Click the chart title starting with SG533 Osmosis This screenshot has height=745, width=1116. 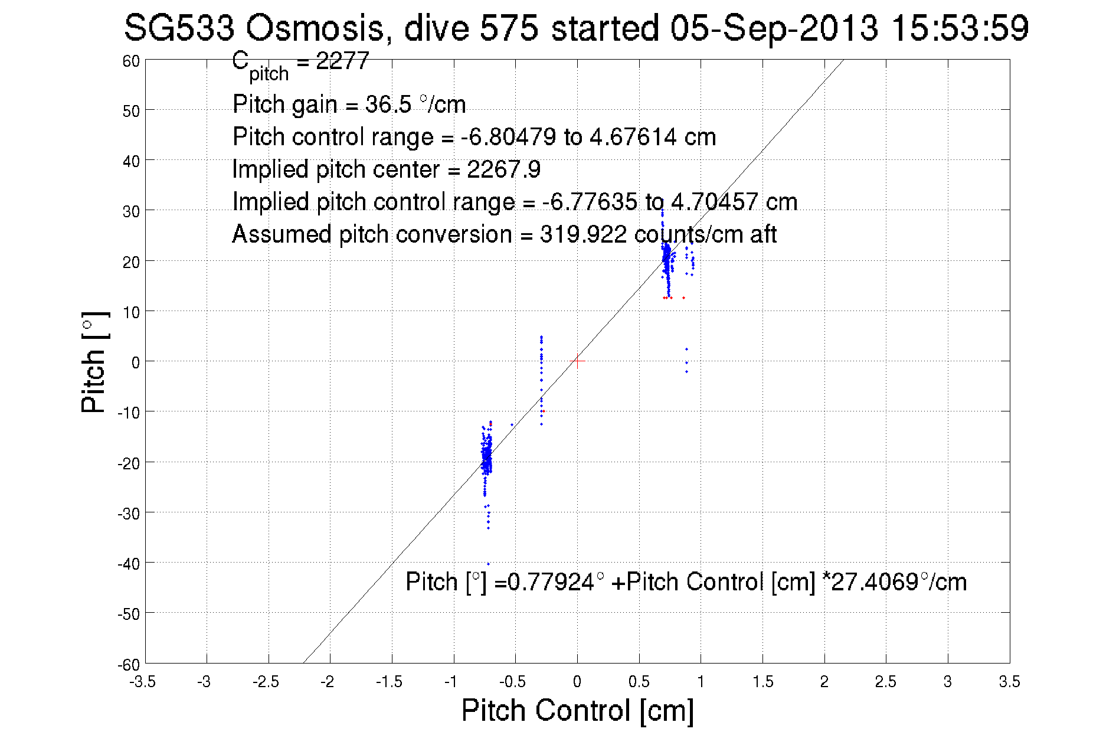pyautogui.click(x=576, y=28)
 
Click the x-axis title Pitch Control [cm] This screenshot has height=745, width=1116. pyautogui.click(x=577, y=710)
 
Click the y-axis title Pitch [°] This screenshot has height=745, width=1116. pyautogui.click(x=94, y=362)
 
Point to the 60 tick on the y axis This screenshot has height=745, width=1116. pyautogui.click(x=131, y=61)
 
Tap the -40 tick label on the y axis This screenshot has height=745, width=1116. pyautogui.click(x=128, y=564)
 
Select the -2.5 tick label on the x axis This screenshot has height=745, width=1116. pyautogui.click(x=266, y=682)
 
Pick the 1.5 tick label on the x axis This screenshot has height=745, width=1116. pyautogui.click(x=762, y=682)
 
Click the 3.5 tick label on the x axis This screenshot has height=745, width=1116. pyautogui.click(x=1009, y=682)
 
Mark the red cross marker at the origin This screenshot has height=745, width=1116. pyautogui.click(x=577, y=361)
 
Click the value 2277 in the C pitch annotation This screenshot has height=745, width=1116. pyautogui.click(x=342, y=61)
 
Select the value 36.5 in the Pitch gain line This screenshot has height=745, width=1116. pyautogui.click(x=388, y=104)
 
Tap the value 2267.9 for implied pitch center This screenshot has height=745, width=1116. pyautogui.click(x=503, y=169)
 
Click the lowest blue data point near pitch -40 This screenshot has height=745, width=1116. pyautogui.click(x=488, y=564)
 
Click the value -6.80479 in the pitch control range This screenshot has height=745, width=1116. pyautogui.click(x=508, y=137)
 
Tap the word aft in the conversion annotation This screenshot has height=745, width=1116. pyautogui.click(x=763, y=234)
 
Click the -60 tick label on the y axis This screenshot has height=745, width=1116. pyautogui.click(x=128, y=665)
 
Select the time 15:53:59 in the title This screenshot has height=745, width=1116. pyautogui.click(x=960, y=28)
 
